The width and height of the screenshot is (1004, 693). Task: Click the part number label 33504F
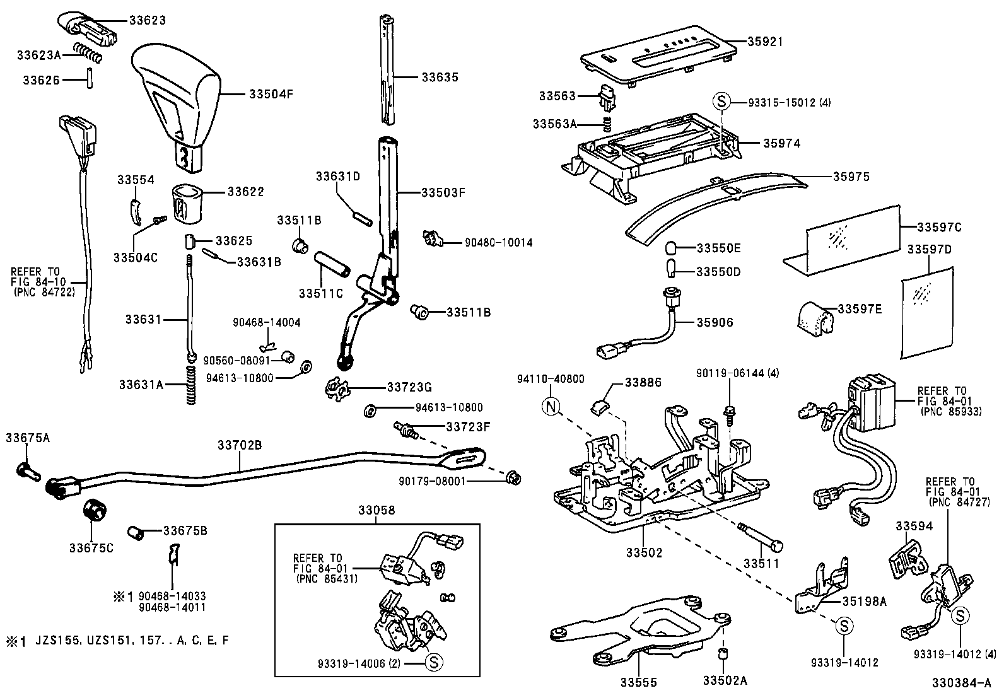point(271,95)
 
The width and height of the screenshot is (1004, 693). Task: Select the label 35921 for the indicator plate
point(765,42)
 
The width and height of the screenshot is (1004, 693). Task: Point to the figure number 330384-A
point(962,683)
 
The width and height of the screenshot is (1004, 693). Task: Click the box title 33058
point(377,510)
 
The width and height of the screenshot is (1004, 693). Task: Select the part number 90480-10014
point(498,242)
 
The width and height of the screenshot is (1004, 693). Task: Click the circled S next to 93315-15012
point(721,101)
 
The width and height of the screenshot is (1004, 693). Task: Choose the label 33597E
point(860,309)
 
